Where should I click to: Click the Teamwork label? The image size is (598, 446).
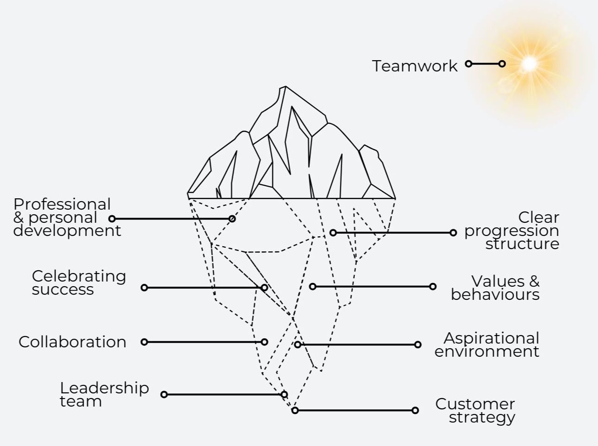tap(414, 66)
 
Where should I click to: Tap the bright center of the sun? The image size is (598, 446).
tap(529, 63)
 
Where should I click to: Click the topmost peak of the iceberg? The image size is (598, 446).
tap(284, 87)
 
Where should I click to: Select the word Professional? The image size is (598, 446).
tap(62, 204)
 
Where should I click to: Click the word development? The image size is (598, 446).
tap(67, 231)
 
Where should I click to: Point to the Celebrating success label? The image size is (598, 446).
tap(78, 282)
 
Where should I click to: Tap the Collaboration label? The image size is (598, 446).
tap(72, 342)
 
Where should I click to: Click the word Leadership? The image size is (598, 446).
tap(104, 388)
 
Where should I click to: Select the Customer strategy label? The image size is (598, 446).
tap(475, 410)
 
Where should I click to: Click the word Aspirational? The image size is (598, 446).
tap(491, 338)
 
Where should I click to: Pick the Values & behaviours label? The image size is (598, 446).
tap(496, 288)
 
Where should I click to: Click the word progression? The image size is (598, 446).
tap(512, 231)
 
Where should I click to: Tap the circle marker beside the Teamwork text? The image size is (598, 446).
tap(468, 63)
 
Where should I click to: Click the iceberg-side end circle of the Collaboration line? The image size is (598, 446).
tap(264, 342)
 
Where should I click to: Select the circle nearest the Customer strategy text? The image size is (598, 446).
tap(415, 410)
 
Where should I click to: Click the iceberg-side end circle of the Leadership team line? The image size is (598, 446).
tap(284, 394)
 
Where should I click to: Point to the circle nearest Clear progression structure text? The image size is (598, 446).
tap(453, 233)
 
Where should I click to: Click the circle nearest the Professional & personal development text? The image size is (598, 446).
tap(112, 219)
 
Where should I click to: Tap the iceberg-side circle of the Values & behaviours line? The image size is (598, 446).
tap(313, 286)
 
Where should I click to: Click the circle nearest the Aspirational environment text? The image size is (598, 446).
tap(418, 344)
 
